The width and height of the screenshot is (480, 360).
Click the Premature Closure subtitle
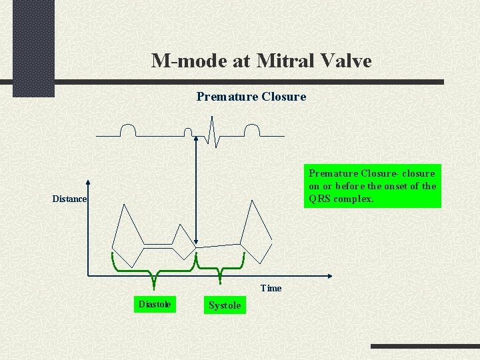click(x=251, y=97)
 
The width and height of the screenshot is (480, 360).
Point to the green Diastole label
click(x=155, y=305)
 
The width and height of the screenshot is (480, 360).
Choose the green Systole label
click(x=225, y=305)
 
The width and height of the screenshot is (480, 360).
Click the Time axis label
click(x=271, y=289)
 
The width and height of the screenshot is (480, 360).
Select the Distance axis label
click(x=70, y=199)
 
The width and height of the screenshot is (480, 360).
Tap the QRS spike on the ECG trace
click(x=211, y=130)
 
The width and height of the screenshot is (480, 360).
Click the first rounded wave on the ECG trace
click(x=127, y=130)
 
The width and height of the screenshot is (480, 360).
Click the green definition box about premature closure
click(x=372, y=186)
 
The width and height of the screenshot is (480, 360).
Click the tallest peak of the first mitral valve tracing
click(x=123, y=205)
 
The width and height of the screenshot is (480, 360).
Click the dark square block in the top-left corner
click(x=33, y=47)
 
